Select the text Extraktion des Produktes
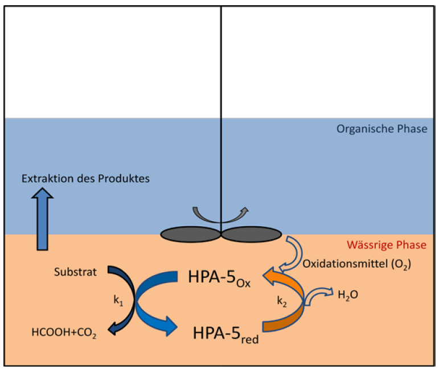tap(85, 178)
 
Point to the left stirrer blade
tap(190, 234)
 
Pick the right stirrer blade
tap(252, 234)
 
